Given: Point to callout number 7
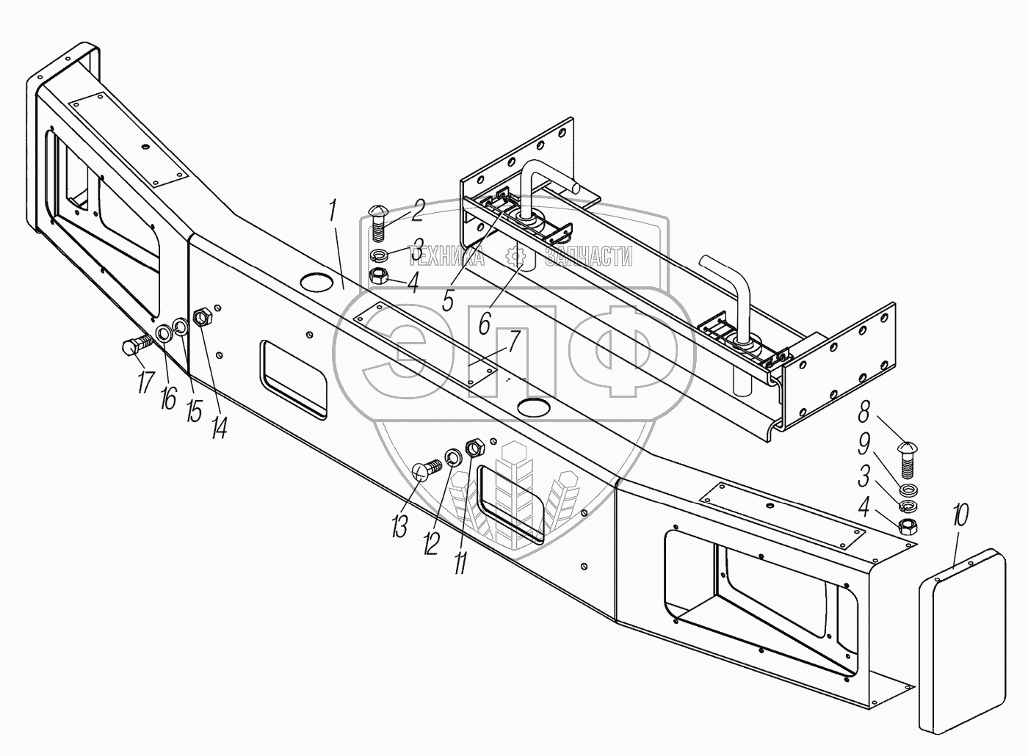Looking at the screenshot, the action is [513, 342].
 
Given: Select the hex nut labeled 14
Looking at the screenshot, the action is [202, 319].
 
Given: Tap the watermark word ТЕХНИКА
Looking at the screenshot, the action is [447, 256].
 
